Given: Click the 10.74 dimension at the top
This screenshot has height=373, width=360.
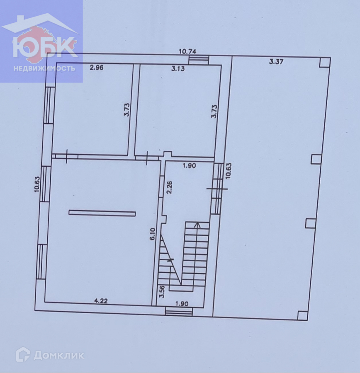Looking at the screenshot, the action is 187,51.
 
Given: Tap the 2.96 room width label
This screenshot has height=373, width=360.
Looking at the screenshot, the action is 97,68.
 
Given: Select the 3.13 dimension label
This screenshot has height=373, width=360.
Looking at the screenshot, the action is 178,69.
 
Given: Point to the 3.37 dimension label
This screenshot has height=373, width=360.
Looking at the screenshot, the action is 276,62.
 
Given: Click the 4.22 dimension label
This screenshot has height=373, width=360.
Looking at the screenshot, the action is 101,301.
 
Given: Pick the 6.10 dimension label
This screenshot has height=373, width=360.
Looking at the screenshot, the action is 153,234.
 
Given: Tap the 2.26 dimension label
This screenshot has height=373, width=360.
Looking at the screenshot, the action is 169,188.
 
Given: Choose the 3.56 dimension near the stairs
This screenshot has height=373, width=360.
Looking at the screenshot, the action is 162,291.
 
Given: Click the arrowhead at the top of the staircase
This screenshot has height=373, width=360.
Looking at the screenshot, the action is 197,225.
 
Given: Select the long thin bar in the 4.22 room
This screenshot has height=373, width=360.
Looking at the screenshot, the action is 102,213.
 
